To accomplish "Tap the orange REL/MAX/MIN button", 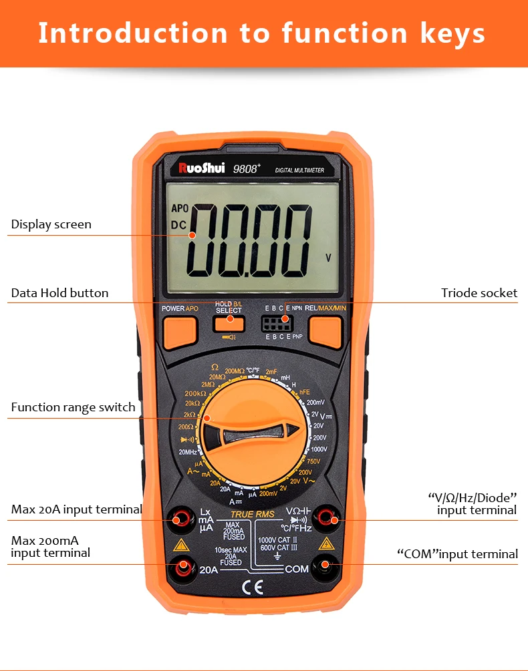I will coord(325,332).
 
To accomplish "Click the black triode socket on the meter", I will coord(275,324).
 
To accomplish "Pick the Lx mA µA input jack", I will coord(179,518).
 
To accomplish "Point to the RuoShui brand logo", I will coord(202,168).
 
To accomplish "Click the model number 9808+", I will coord(245,169).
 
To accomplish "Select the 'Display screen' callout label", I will coord(51,224).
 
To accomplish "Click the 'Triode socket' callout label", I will coord(479,292).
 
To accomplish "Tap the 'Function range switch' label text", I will coord(73,407).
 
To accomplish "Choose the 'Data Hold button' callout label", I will coord(59,292).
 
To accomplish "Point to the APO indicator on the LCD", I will coord(179,208).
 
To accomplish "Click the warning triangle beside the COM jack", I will coord(326,543).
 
